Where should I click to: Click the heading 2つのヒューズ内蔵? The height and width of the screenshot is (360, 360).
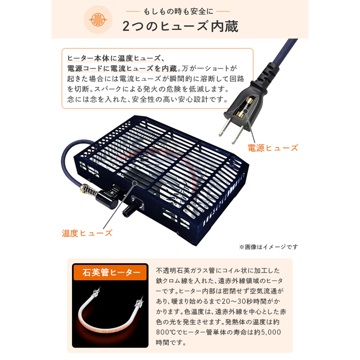pyautogui.click(x=180, y=26)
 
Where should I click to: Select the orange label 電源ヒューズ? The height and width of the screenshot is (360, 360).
pyautogui.click(x=273, y=148)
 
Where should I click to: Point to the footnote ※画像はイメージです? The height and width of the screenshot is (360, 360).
pyautogui.click(x=268, y=247)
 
